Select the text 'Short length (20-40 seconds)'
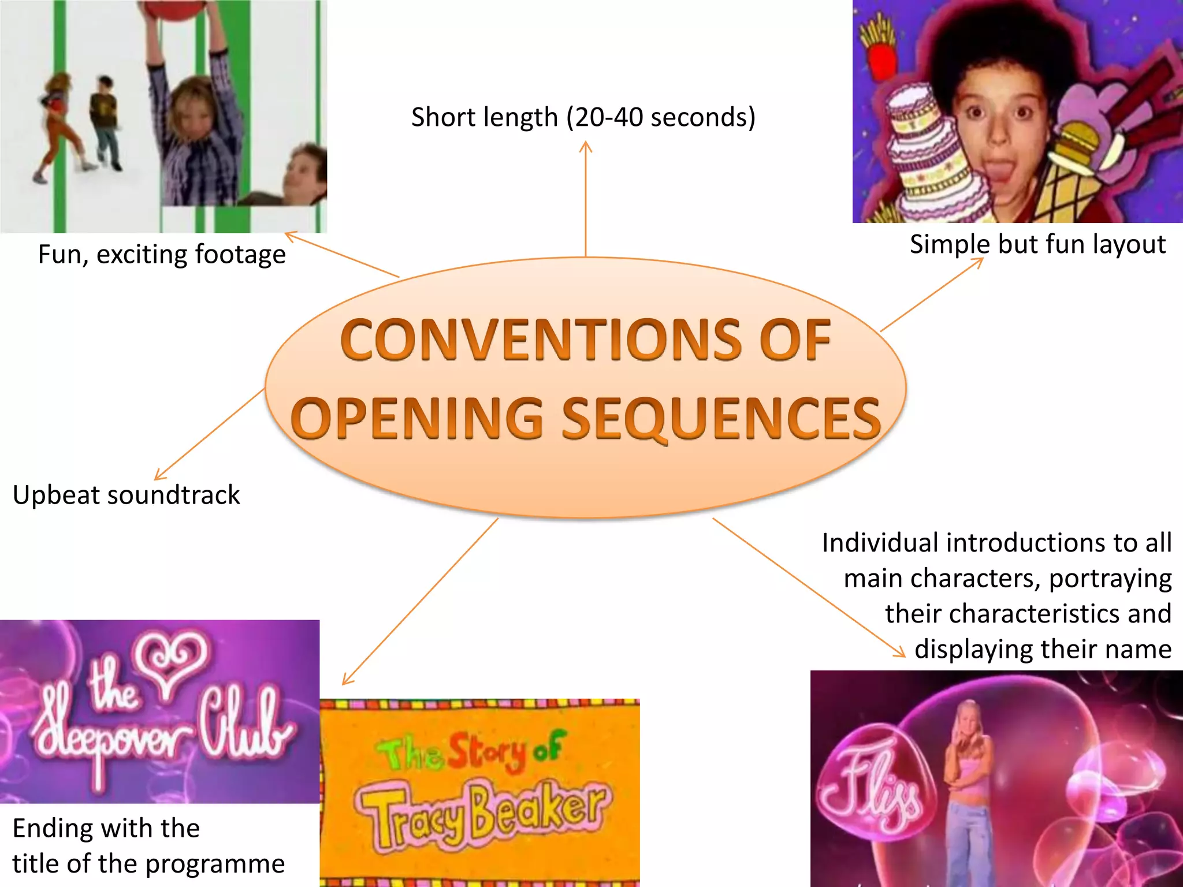[x=583, y=117]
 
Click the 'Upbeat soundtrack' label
[x=126, y=495]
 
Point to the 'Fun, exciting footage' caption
[x=162, y=255]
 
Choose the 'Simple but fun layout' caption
[x=1037, y=244]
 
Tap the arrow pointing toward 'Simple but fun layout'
[x=932, y=295]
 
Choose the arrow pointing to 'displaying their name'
[x=809, y=587]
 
